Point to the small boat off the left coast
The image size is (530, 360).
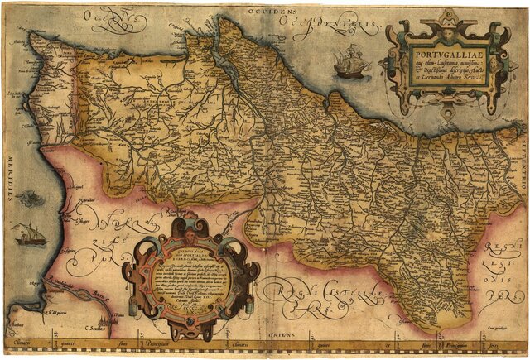pos(31,235)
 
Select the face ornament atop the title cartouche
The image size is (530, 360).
pos(446,26)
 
